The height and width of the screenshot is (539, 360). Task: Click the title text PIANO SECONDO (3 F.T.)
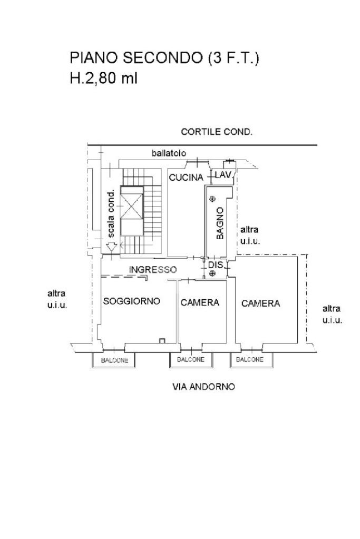pos(164,58)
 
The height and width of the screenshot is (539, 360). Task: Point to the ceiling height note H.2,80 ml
pos(104,79)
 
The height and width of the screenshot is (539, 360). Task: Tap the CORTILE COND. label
pos(216,132)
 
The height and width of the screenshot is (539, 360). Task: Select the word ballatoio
pos(169,154)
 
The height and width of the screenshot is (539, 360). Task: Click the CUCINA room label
pos(186,178)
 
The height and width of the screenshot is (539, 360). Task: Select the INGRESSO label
pos(153,270)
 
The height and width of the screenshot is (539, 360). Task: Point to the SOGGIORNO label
pos(131,301)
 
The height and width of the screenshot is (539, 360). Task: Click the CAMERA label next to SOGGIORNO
pos(200,302)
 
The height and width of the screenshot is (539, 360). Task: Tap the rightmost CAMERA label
pos(260,303)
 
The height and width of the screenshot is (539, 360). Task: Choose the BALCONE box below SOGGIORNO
pos(114,360)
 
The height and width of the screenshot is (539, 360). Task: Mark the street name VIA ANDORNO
pos(204,387)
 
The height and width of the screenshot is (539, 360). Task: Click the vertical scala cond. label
pos(111,213)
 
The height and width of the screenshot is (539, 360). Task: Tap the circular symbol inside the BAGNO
pos(212,199)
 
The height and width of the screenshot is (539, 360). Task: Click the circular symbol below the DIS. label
pos(212,273)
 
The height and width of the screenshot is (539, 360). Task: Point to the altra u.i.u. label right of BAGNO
pos(249,235)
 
